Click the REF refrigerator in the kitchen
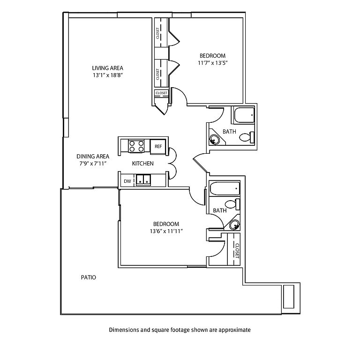pos(158,146)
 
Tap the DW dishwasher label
pos(127,181)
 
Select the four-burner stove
pos(136,146)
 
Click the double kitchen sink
pos(143,180)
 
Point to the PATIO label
pos(89,277)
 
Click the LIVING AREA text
pos(107,68)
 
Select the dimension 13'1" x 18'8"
pos(107,75)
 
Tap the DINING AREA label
pos(93,157)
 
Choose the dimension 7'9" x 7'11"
pos(93,164)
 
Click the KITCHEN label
pos(143,164)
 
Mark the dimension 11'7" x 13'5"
pos(213,63)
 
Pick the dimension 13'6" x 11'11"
pos(166,231)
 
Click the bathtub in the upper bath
pos(244,115)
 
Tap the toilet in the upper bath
pos(247,137)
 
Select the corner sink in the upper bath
pos(215,139)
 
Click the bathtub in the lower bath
pos(225,188)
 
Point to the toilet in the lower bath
pos(232,204)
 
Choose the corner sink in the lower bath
pos(235,225)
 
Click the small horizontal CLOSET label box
pos(161,93)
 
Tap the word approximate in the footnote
pos(234,330)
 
